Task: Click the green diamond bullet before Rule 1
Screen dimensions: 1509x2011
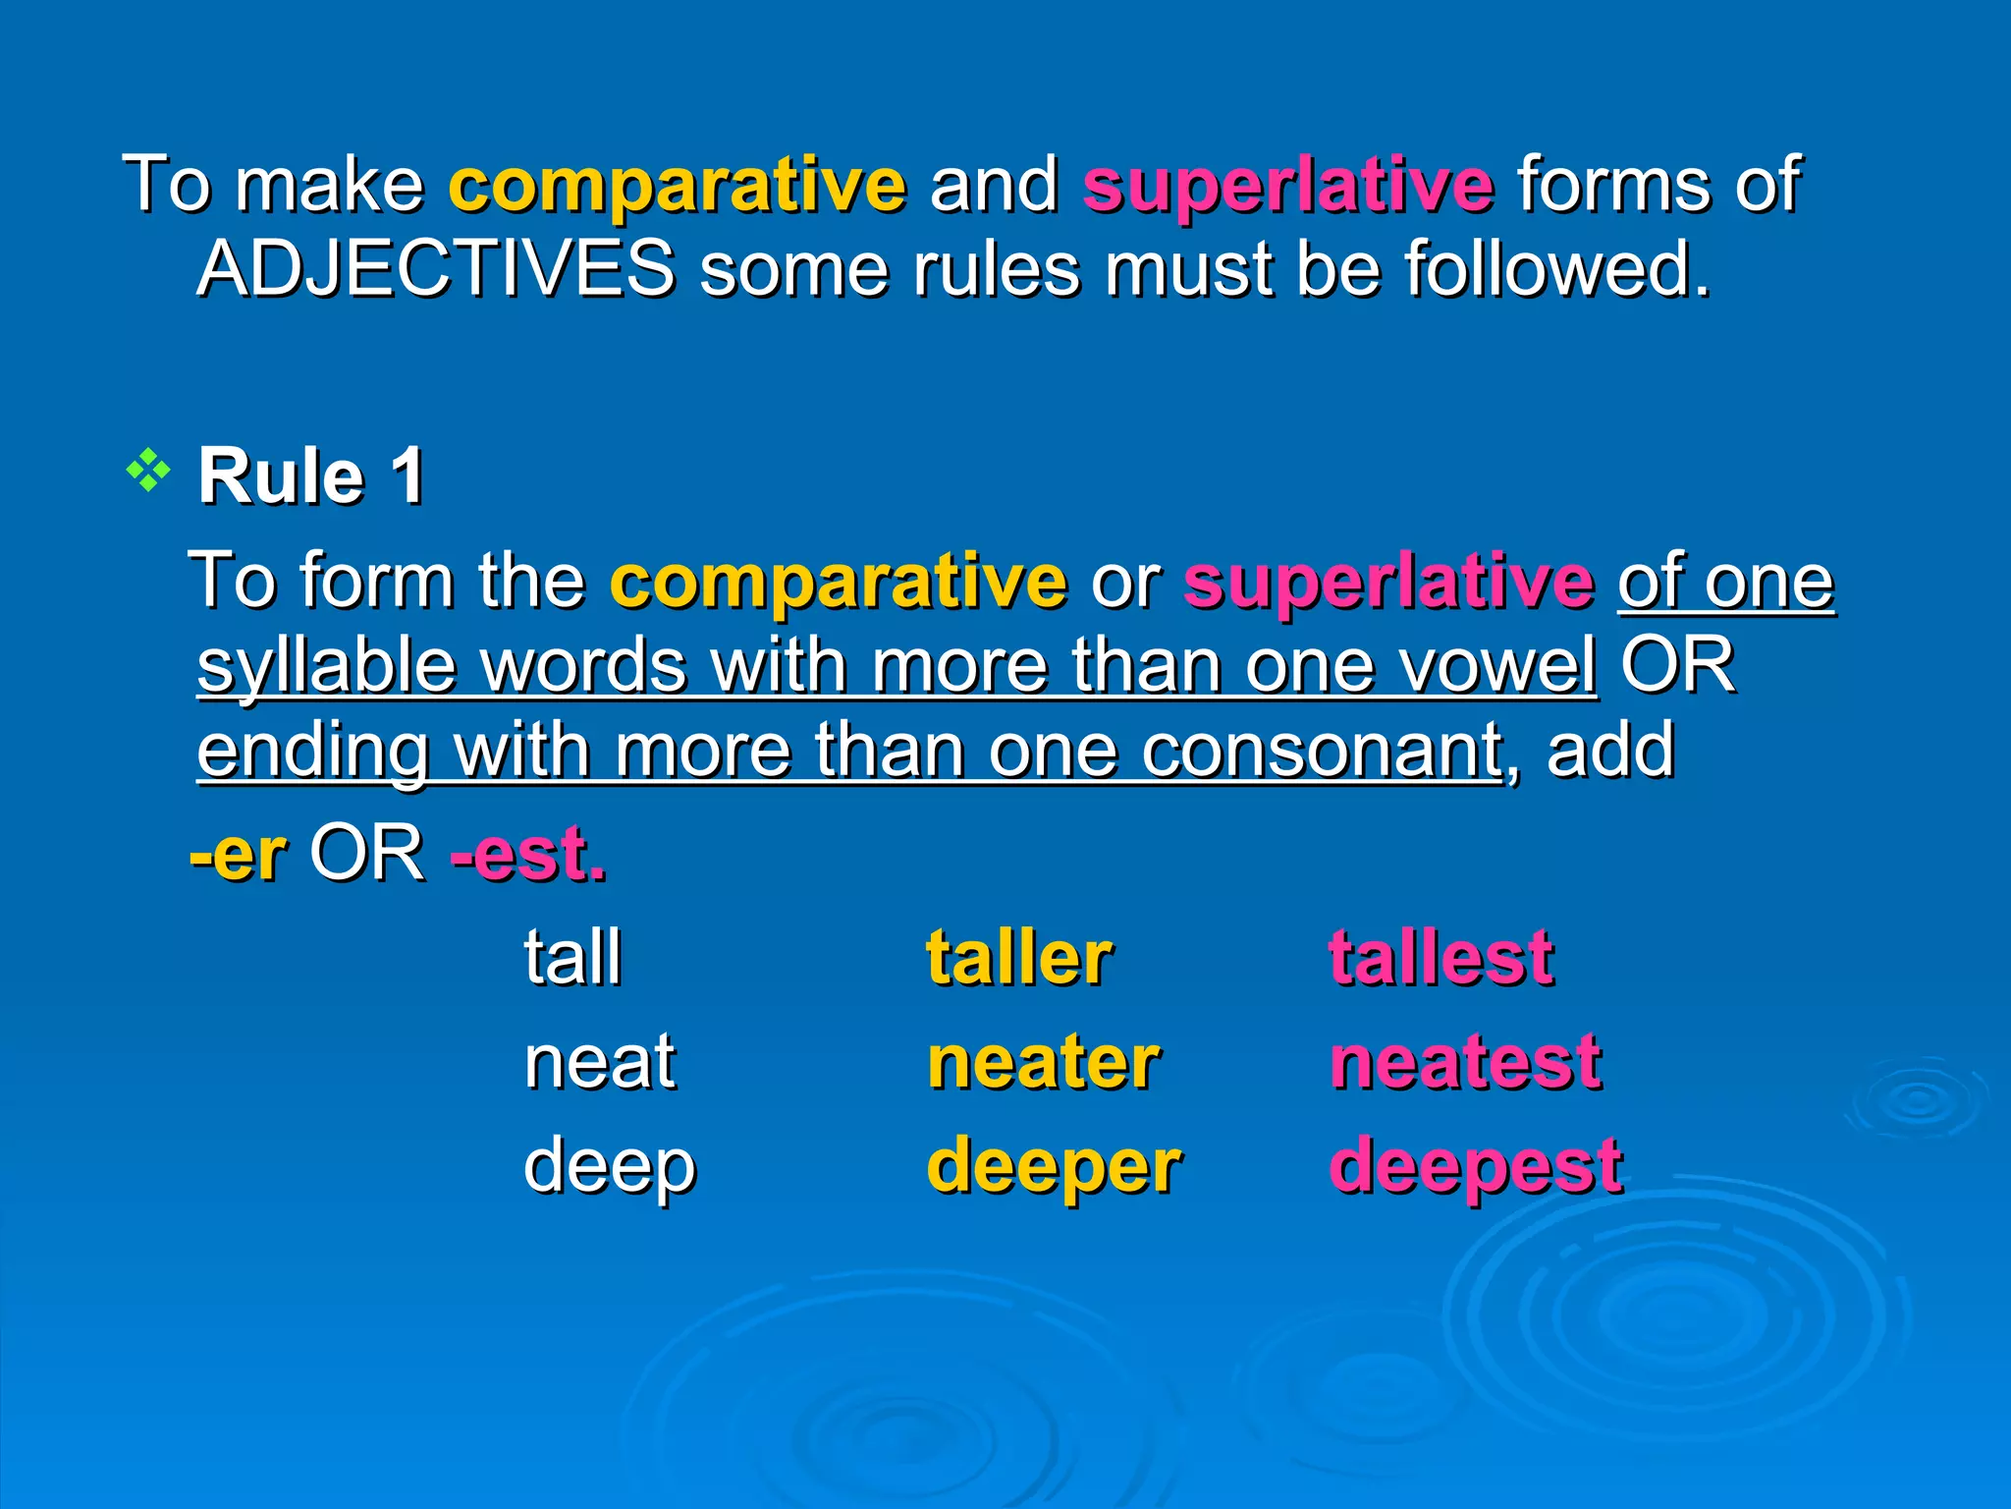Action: coord(148,472)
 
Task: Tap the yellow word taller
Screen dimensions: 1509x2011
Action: coord(1018,957)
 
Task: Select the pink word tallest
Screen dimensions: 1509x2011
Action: coord(1440,957)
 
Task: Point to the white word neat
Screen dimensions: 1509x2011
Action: coord(599,1062)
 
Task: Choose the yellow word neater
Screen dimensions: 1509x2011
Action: coord(1043,1062)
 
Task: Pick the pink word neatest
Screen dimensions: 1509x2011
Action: coord(1465,1062)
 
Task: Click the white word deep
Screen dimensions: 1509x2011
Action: coord(609,1167)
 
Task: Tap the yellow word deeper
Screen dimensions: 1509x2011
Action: coord(1054,1167)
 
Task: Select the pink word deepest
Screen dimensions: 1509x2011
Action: coord(1475,1167)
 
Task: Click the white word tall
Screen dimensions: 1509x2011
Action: coord(572,957)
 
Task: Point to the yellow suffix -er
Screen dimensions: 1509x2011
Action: coord(239,853)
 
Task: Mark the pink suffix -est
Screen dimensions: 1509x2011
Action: coord(527,853)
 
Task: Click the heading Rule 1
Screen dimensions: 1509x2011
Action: coord(311,476)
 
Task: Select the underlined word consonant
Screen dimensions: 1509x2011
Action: coord(1322,751)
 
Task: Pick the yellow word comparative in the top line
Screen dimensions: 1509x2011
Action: coord(678,184)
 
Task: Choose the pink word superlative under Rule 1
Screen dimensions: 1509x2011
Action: coord(1388,581)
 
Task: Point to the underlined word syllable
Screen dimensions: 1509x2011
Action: coord(327,665)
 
